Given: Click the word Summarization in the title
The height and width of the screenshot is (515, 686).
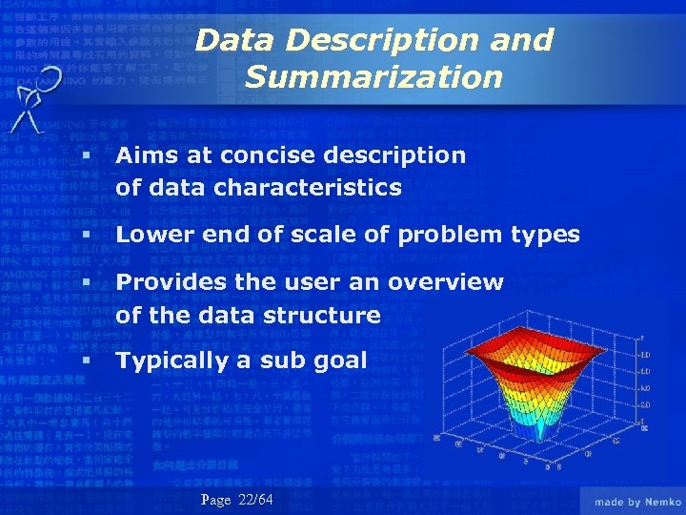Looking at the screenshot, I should coord(373,76).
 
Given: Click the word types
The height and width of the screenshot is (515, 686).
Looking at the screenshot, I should coord(544,235).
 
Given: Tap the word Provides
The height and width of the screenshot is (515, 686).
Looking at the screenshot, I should coord(171,282).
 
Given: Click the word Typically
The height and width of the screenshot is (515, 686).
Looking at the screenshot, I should coord(170,360).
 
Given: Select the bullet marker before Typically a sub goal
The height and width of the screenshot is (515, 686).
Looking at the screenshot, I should coord(87,361).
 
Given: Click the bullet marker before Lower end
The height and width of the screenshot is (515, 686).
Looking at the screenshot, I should coord(87,235).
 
